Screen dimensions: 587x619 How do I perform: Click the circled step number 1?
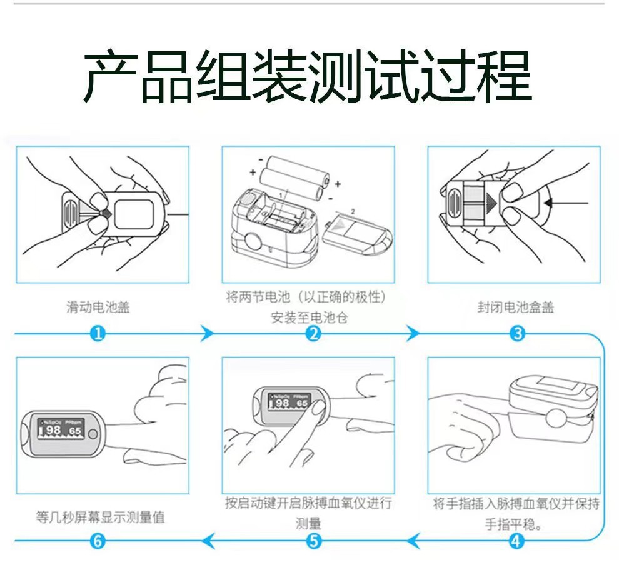97,334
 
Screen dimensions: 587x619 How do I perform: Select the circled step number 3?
517,334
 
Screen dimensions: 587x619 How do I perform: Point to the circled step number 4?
516,541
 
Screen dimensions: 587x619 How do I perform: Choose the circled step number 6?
97,541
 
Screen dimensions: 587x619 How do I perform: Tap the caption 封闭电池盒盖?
515,307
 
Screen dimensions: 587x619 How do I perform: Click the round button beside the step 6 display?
93,434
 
